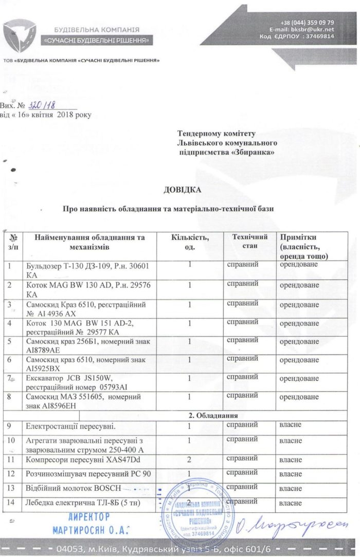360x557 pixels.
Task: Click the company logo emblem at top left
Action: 19,34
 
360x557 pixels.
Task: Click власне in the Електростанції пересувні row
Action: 291,425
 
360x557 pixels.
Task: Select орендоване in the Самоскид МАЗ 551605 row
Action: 299,397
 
